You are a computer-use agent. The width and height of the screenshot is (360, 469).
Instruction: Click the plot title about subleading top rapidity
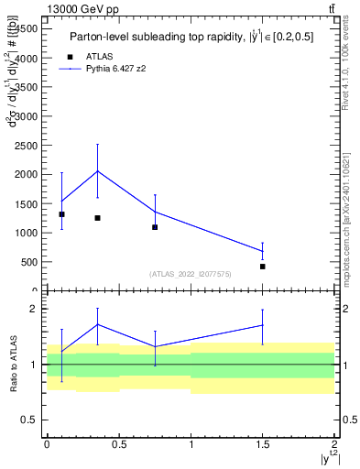pos(188,38)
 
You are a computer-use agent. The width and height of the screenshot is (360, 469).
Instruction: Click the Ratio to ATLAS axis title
pos(12,365)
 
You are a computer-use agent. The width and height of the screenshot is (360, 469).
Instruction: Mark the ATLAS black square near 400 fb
pos(263,267)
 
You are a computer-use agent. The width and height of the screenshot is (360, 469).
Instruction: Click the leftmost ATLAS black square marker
pos(61,214)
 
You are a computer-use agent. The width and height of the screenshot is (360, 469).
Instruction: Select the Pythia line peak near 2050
pos(97,171)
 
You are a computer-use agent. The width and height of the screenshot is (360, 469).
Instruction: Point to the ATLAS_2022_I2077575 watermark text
pos(191,274)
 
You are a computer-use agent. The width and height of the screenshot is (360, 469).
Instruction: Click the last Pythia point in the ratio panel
pos(263,325)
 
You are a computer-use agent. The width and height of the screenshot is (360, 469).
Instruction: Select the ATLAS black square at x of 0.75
pos(155,227)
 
